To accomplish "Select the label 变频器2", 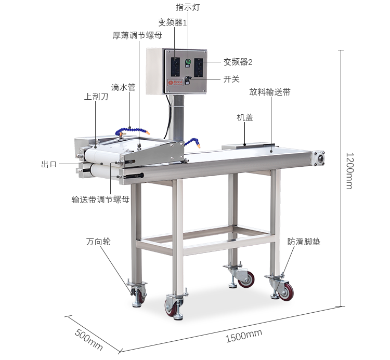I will pyautogui.click(x=238, y=62).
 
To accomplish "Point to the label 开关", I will pyautogui.click(x=231, y=79).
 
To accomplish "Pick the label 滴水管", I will pyautogui.click(x=123, y=87).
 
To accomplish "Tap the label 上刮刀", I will pyautogui.click(x=96, y=97).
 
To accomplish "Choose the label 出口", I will pyautogui.click(x=49, y=164).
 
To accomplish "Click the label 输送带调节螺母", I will pyautogui.click(x=100, y=199).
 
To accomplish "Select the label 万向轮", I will pyautogui.click(x=98, y=242).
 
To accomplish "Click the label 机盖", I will pyautogui.click(x=245, y=117).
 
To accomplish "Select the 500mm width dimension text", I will pyautogui.click(x=89, y=340).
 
